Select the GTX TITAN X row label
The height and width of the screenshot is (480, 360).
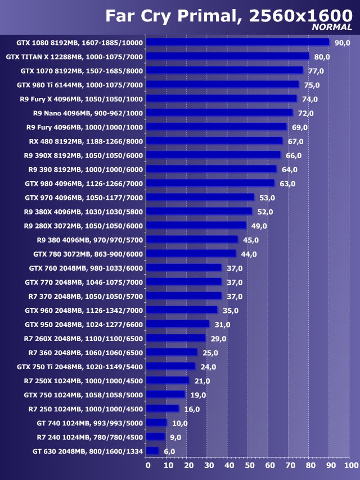click(74, 56)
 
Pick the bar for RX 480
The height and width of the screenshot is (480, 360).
click(214, 141)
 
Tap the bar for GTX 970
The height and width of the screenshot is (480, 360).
click(200, 198)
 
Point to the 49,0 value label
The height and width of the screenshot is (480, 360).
click(259, 226)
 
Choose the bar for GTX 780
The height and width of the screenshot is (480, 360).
click(191, 254)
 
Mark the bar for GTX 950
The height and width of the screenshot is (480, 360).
click(178, 324)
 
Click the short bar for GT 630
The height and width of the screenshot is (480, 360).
click(152, 451)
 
